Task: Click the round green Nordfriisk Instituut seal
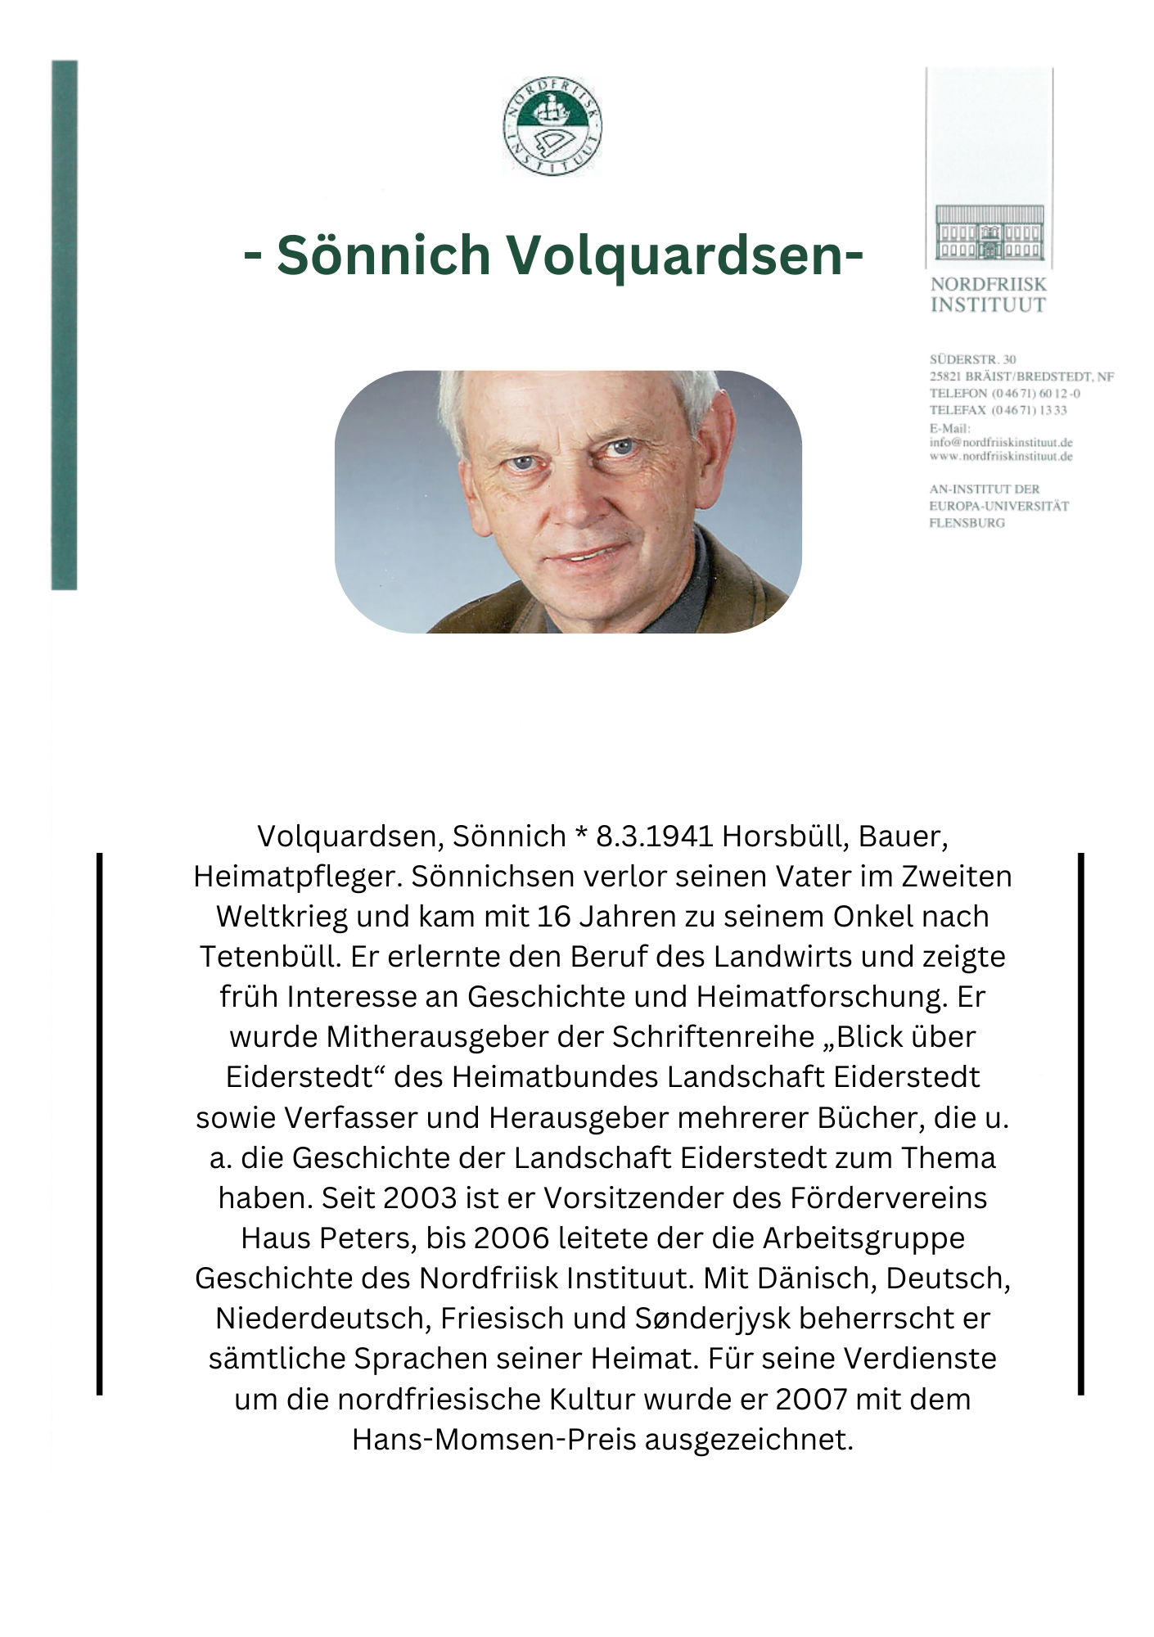coord(552,127)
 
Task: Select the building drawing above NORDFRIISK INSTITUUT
coord(989,233)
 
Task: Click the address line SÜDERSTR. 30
coord(972,359)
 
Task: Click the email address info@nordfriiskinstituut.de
coord(1000,443)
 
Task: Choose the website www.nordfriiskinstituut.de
coord(1000,457)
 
